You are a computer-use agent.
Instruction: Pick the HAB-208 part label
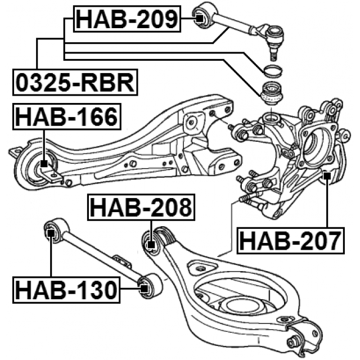point(141,209)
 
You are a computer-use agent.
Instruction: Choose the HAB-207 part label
point(290,241)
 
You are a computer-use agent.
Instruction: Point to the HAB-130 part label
point(66,290)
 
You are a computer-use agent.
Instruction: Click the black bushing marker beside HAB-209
point(199,19)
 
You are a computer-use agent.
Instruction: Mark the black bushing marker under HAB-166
point(44,163)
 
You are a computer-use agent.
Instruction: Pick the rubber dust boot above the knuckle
point(270,93)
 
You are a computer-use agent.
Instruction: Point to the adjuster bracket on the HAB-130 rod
point(120,260)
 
